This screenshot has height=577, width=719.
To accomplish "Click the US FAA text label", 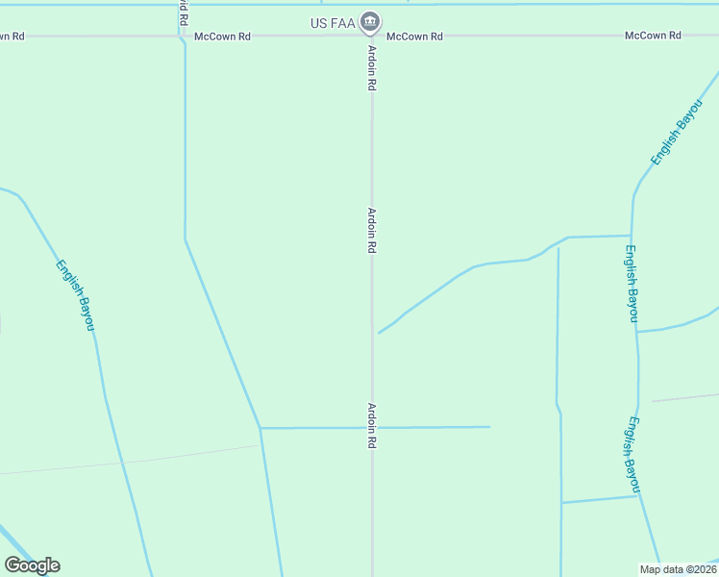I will pyautogui.click(x=333, y=22).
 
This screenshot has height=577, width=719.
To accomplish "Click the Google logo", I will pyautogui.click(x=32, y=564).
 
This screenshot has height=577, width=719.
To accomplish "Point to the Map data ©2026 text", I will pyautogui.click(x=678, y=569).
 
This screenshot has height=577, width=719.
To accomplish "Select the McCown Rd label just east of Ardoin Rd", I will pyautogui.click(x=414, y=37).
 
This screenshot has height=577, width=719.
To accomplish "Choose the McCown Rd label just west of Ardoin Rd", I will pyautogui.click(x=222, y=37).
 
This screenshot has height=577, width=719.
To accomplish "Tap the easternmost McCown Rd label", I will pyautogui.click(x=653, y=36).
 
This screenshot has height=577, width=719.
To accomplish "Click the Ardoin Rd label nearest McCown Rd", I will pyautogui.click(x=371, y=68).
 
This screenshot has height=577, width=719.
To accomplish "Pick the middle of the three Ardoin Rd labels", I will pyautogui.click(x=371, y=231).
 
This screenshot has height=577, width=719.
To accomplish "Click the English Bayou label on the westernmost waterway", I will pyautogui.click(x=75, y=296).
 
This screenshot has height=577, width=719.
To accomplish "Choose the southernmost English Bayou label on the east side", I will pyautogui.click(x=632, y=455).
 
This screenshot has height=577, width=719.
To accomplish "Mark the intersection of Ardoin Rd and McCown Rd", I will pyautogui.click(x=372, y=37).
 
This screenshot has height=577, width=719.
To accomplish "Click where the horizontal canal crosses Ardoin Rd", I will pyautogui.click(x=372, y=427).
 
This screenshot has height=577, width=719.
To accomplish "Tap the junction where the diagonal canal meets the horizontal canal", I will pyautogui.click(x=260, y=428).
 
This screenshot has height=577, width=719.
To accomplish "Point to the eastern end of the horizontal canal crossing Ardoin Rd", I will pyautogui.click(x=489, y=427).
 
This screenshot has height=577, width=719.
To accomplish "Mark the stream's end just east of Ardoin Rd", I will pyautogui.click(x=380, y=333).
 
